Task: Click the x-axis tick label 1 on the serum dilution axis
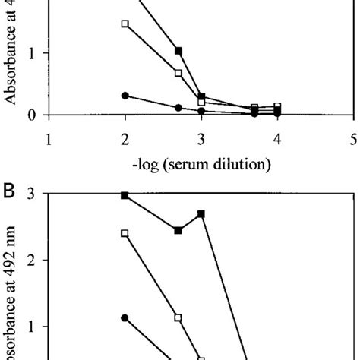49,140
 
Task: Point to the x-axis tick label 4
277,140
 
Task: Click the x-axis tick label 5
354,140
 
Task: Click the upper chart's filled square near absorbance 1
178,51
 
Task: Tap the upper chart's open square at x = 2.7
178,73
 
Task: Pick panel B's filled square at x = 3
201,214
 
